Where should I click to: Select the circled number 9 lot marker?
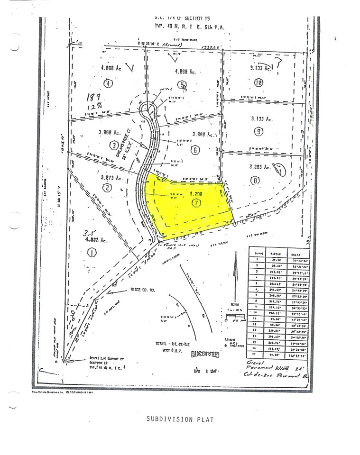pos(258,131)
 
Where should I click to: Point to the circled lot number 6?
pos(195,151)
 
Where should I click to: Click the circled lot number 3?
pos(114,145)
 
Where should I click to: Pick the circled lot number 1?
pos(92,253)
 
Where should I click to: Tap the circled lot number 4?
pos(109,84)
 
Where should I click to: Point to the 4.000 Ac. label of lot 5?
pos(185,73)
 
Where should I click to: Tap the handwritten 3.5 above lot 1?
pos(87,233)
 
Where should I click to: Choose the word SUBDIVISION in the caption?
pos(167,419)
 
